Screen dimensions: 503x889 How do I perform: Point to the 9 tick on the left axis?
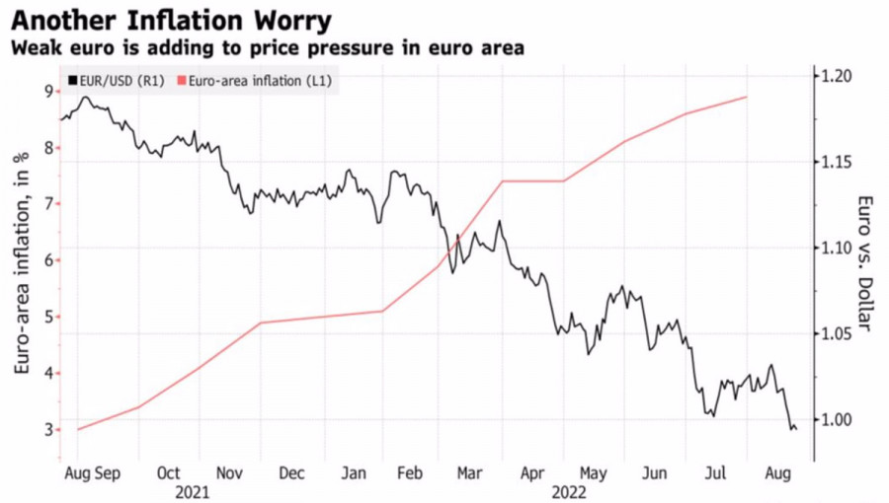tap(46, 92)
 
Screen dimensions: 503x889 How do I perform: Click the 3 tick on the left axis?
tap(46, 430)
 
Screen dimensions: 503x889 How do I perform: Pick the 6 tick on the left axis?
tap(46, 260)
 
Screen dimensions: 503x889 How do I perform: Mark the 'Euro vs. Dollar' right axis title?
tap(864, 261)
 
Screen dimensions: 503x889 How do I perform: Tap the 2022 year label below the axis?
tap(570, 490)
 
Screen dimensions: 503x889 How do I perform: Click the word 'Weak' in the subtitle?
tap(34, 47)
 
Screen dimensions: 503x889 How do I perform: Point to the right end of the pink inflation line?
tap(747, 97)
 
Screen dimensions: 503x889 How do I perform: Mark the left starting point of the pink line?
tap(77, 430)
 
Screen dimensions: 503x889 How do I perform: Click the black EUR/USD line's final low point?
tap(792, 428)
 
